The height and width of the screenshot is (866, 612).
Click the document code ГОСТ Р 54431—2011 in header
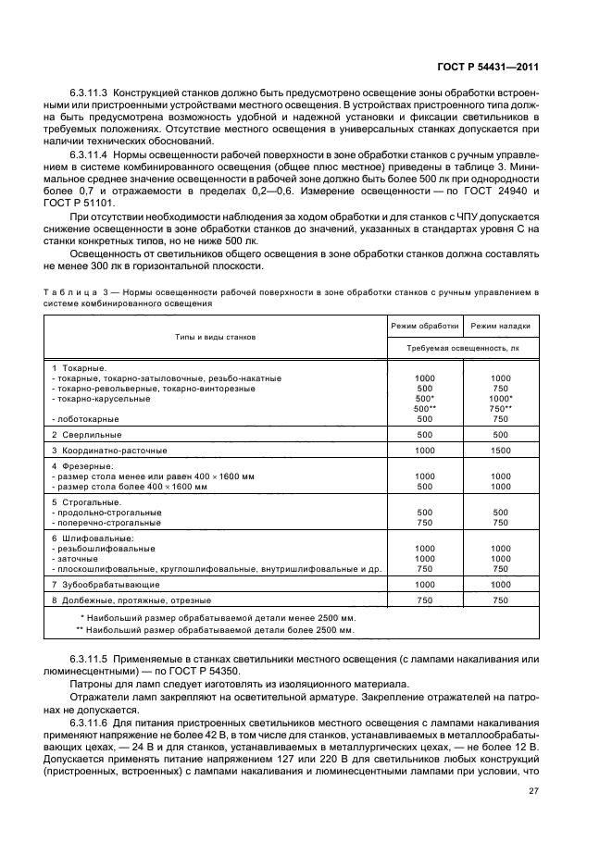(488, 67)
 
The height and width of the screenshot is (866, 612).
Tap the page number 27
(533, 791)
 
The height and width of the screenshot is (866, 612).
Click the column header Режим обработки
(425, 326)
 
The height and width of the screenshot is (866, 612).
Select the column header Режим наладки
(500, 326)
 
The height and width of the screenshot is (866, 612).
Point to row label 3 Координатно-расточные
(109, 450)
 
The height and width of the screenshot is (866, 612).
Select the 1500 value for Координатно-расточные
(500, 450)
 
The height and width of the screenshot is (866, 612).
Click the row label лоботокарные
(88, 418)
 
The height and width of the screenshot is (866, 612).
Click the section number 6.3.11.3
(89, 94)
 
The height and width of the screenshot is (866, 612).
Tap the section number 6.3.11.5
(89, 659)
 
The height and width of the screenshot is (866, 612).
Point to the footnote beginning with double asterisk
(215, 629)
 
